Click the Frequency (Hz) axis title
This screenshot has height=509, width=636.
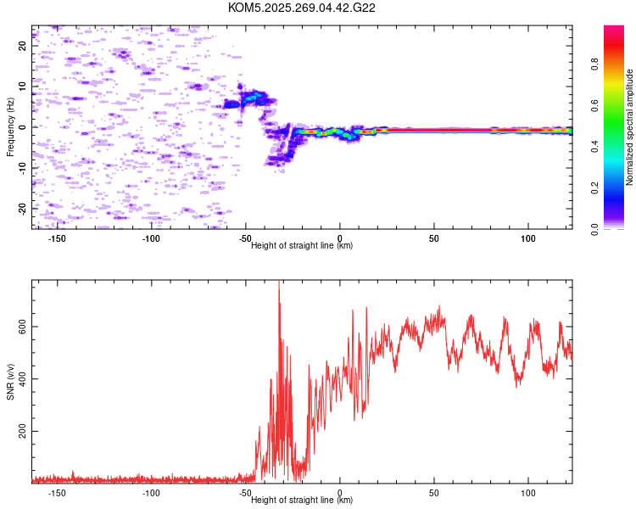10,127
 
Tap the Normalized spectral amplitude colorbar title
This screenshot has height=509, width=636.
630,127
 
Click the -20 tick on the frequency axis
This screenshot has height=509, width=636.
22,208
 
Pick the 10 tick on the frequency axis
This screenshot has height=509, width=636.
22,87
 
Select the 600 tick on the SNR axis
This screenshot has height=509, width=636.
22,327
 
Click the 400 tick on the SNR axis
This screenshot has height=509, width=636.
22,379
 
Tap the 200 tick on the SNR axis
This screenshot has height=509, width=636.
22,432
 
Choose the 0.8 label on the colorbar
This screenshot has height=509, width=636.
594,62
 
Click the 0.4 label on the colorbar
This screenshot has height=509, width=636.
594,145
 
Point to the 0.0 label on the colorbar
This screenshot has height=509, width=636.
594,228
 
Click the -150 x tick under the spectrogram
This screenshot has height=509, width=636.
58,238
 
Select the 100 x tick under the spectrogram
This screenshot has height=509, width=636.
528,238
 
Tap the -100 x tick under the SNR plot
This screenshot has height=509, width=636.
151,493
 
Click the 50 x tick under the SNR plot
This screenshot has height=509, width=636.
434,493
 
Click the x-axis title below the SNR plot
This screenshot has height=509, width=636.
302,501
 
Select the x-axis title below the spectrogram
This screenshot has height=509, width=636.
302,246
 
